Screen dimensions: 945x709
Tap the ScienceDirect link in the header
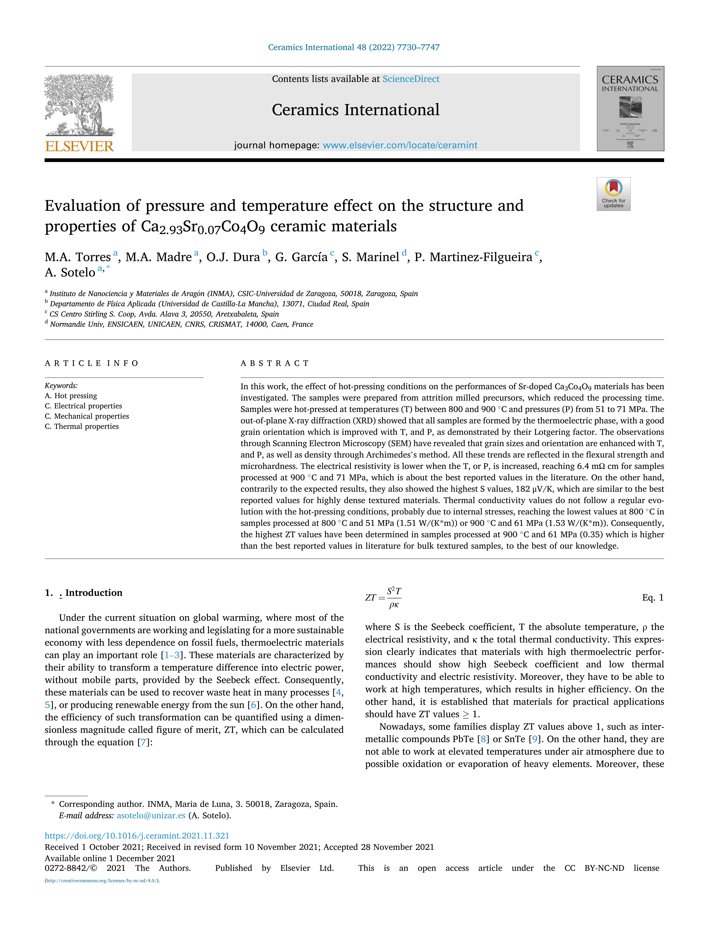click(411, 79)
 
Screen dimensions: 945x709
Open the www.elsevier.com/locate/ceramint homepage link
click(400, 145)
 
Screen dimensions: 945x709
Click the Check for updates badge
click(613, 194)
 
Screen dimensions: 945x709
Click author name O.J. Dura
click(233, 257)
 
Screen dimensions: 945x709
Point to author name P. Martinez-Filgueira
click(473, 257)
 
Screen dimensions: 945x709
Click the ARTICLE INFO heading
click(92, 363)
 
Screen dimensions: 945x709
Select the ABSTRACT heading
click(275, 363)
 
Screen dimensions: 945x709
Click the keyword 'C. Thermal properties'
click(82, 426)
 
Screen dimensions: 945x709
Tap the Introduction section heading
click(93, 593)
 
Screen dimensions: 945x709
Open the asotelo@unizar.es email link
click(151, 816)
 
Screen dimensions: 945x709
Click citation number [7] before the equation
click(143, 742)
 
